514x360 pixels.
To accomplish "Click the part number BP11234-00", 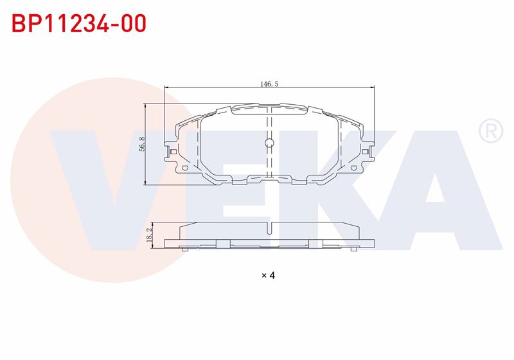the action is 79,23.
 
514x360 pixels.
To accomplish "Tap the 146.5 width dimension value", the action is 269,84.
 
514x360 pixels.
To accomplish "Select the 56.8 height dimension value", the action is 142,144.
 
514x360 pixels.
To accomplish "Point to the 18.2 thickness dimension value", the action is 150,235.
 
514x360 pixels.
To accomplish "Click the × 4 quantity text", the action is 269,275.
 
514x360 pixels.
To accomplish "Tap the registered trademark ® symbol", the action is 491,130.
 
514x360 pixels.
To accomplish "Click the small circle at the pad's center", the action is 269,143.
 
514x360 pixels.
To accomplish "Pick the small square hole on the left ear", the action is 173,152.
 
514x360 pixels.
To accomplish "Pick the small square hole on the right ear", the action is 365,152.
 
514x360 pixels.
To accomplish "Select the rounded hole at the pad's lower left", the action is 184,168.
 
